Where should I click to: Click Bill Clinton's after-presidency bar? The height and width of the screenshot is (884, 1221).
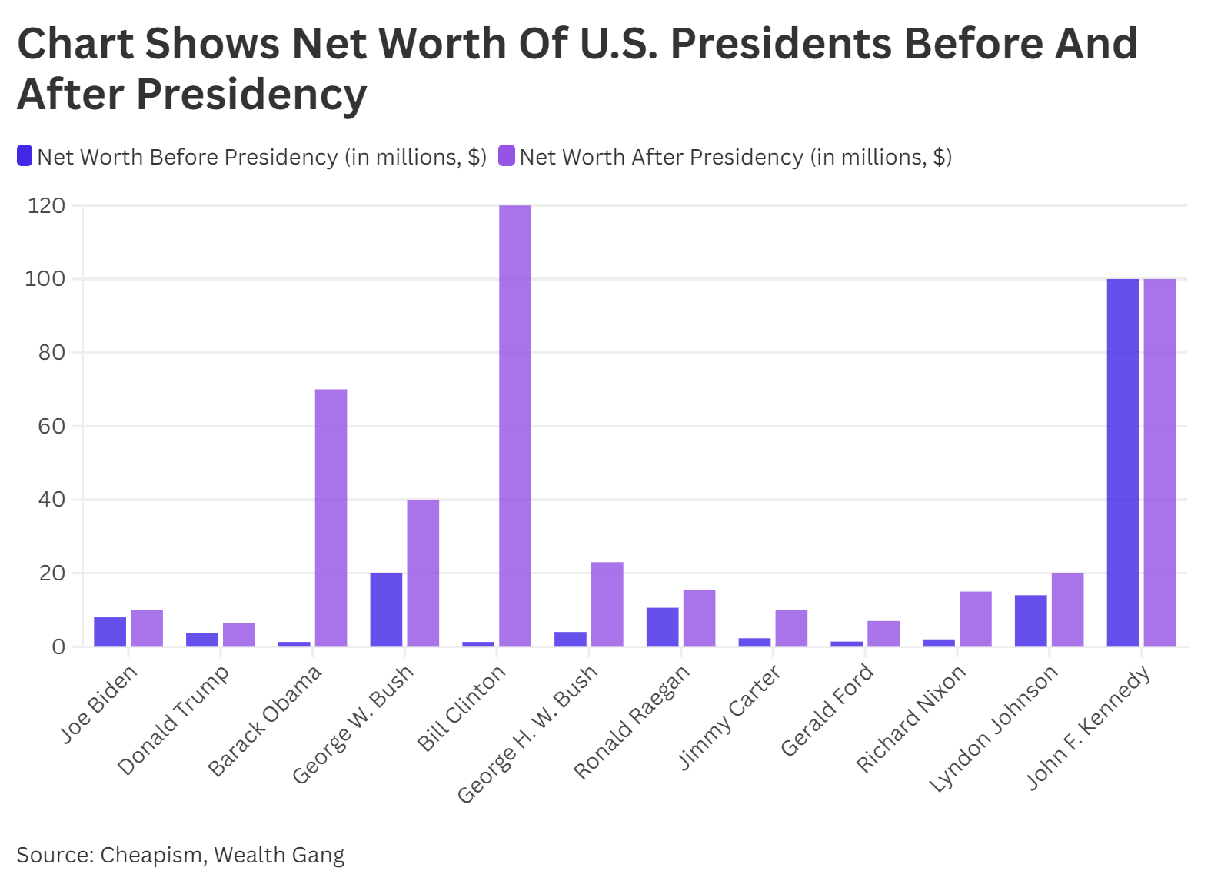[x=515, y=426]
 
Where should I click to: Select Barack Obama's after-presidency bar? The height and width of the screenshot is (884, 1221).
[x=331, y=518]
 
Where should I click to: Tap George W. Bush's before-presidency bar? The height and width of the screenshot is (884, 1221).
[x=386, y=610]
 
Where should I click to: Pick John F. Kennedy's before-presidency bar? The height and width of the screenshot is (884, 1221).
[x=1123, y=463]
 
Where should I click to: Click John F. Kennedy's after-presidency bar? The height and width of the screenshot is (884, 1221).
[x=1159, y=463]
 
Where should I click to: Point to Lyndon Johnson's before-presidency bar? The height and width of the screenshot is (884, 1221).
[x=1030, y=621]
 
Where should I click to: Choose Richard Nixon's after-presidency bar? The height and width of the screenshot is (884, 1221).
[x=975, y=619]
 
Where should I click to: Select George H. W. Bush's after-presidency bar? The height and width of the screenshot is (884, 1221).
[x=607, y=604]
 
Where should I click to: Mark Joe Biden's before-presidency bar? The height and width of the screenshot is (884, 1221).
[x=110, y=632]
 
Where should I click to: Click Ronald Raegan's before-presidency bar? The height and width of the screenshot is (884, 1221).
[x=662, y=627]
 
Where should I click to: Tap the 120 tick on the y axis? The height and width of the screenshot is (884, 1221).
[x=46, y=206]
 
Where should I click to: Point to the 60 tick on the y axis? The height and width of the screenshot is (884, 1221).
[x=52, y=427]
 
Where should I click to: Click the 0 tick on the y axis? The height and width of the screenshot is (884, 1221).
[x=58, y=647]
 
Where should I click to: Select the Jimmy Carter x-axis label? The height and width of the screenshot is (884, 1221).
[x=729, y=717]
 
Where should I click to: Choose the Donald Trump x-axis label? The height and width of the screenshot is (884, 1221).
[x=173, y=720]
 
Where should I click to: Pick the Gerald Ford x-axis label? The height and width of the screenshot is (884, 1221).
[x=827, y=710]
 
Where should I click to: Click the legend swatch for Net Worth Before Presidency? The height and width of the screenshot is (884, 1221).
[x=25, y=156]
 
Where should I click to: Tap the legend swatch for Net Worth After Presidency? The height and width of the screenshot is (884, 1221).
[x=507, y=156]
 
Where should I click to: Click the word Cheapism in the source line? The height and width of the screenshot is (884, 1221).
[x=152, y=855]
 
